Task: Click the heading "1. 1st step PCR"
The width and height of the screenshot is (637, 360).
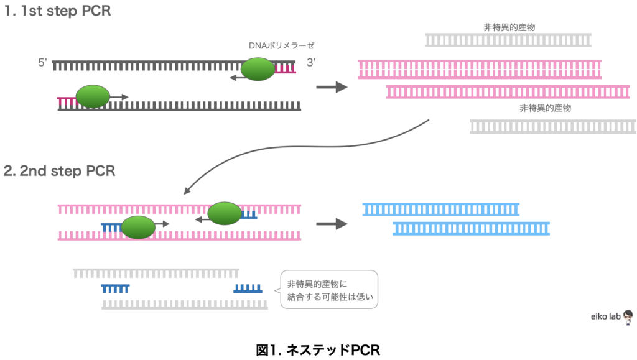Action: tap(57, 11)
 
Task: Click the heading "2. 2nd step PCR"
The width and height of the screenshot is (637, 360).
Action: tap(59, 171)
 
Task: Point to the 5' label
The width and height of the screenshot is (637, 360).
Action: tap(42, 63)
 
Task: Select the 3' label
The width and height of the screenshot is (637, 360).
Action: tap(310, 63)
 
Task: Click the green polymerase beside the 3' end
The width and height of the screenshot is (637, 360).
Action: tap(258, 69)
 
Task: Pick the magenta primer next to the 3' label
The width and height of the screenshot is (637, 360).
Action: tap(286, 68)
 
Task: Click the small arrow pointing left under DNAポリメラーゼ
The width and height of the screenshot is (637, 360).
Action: tap(235, 78)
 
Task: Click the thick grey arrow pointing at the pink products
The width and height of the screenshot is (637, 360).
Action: tap(332, 87)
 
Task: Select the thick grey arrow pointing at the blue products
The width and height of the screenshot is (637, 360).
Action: tap(332, 224)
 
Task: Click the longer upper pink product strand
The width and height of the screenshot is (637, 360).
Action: tap(480, 69)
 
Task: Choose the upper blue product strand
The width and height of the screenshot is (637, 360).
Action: tap(440, 209)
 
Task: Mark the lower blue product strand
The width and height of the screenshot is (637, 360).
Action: tap(471, 228)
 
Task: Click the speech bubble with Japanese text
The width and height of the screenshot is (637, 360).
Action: tap(329, 290)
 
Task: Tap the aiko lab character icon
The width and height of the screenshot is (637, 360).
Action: tap(628, 316)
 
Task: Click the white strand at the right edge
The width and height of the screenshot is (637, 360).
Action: tap(553, 127)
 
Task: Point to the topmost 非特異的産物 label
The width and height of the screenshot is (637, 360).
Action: tap(509, 27)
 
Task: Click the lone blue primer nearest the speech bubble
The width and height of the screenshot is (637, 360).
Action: tap(248, 288)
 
